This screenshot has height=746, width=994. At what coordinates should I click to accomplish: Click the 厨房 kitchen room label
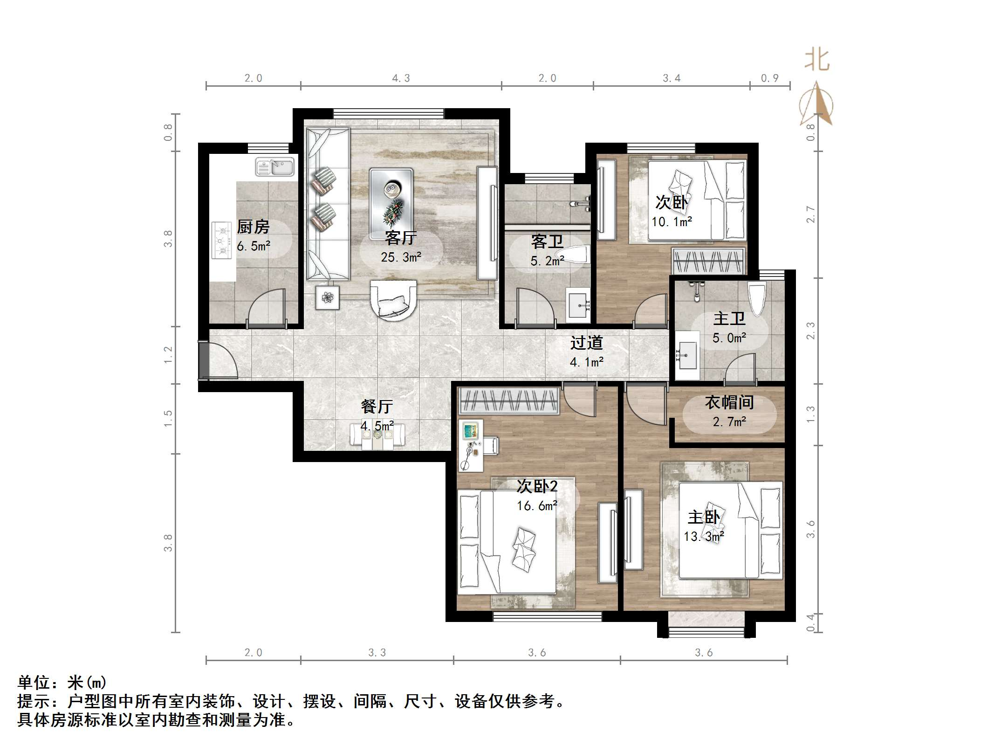[x=253, y=227]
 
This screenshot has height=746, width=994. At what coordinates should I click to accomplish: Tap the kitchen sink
[x=275, y=167]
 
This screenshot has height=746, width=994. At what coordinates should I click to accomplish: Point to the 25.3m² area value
[x=401, y=257]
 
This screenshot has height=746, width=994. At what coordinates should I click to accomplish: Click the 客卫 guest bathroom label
[x=547, y=242]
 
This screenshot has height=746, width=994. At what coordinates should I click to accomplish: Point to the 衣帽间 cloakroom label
[x=729, y=402]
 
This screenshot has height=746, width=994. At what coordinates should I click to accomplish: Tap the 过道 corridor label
[x=587, y=343]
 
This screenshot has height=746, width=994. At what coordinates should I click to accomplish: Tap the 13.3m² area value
[x=704, y=537]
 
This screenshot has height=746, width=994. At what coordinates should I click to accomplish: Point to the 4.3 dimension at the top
[x=401, y=78]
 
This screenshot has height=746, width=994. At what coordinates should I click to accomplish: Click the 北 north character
[x=817, y=60]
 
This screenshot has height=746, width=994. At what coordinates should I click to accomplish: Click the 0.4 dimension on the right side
[x=810, y=623]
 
